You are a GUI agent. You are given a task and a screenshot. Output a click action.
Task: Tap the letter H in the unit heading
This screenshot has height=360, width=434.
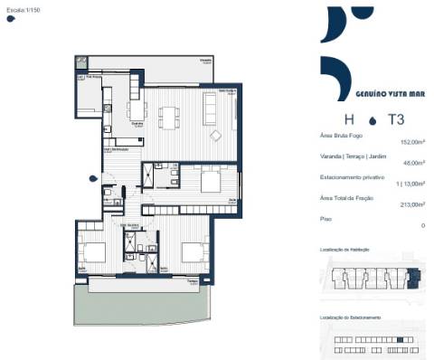[x=348, y=118]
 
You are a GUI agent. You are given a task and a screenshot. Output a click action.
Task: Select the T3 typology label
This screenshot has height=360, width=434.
[x=396, y=118]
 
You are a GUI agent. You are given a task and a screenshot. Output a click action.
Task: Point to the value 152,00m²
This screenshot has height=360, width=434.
[x=411, y=142]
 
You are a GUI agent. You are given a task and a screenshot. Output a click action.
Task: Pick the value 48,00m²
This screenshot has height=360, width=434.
[x=413, y=163]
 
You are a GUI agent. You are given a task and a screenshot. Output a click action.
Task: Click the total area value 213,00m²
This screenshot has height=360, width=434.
[x=411, y=204]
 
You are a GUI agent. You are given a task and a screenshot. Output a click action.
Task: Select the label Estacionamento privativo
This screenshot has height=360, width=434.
[x=352, y=175]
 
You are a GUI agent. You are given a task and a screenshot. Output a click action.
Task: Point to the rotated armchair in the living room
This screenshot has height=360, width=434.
[x=216, y=137]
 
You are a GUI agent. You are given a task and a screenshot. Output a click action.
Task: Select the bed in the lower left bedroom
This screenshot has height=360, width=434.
[x=91, y=250]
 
